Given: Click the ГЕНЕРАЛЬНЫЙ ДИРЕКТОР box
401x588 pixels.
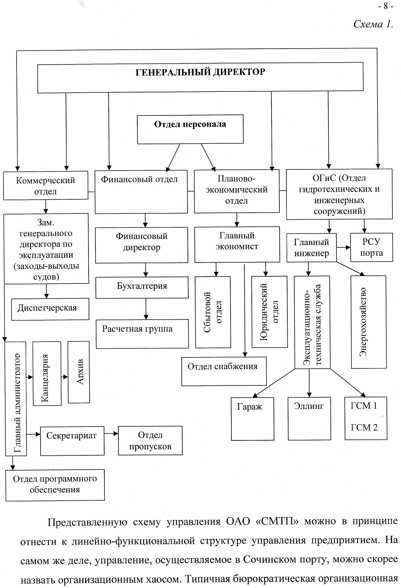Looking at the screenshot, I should coord(200,77).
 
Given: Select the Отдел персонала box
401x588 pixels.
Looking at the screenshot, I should coord(190,129).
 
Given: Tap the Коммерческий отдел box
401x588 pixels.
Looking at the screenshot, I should coord(46,185).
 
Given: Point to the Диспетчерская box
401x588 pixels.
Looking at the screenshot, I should coord(50,309).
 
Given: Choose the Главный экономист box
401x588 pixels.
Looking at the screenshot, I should coord(237,244).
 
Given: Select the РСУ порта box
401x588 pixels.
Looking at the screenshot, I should coord(371,247).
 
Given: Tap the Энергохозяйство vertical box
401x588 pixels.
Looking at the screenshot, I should coord(369,322).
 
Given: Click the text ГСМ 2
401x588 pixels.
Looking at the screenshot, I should coord(364,427).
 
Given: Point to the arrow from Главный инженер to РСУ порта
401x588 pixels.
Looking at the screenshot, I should coord(343,247).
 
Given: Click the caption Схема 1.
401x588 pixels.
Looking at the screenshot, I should coord(373,24).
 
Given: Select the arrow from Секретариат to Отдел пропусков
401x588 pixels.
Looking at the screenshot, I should coord(111,433).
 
